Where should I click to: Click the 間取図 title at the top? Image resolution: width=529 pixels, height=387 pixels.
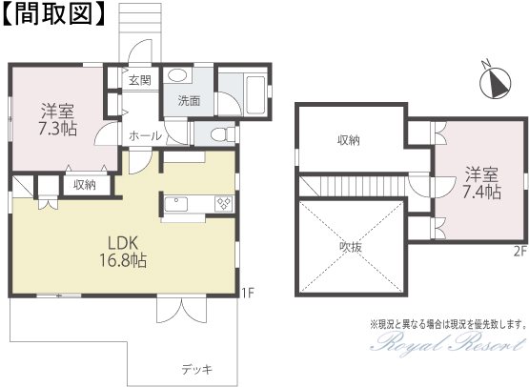pyautogui.click(x=54, y=14)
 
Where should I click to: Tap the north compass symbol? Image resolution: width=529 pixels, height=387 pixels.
pyautogui.click(x=496, y=83)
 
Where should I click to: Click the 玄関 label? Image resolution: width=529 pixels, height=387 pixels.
pyautogui.click(x=140, y=80)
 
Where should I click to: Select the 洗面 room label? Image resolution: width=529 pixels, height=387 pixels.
pyautogui.click(x=190, y=100)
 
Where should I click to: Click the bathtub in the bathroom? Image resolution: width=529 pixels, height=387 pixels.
pyautogui.click(x=255, y=94)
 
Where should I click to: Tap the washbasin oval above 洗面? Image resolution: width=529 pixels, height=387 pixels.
pyautogui.click(x=177, y=75)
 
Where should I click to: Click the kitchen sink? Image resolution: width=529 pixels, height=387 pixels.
pyautogui.click(x=176, y=204)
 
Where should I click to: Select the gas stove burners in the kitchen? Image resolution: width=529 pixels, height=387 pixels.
pyautogui.click(x=224, y=204)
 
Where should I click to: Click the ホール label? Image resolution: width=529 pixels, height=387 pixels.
pyautogui.click(x=145, y=136)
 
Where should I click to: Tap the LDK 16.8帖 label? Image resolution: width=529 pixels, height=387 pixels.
pyautogui.click(x=123, y=252)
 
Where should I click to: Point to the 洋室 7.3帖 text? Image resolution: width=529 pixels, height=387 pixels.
pyautogui.click(x=57, y=119)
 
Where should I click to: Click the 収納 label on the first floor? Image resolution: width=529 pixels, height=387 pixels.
pyautogui.click(x=85, y=185)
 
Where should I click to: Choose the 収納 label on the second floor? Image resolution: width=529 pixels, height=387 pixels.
pyautogui.click(x=349, y=140)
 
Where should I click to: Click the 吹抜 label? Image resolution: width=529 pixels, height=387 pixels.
pyautogui.click(x=351, y=247)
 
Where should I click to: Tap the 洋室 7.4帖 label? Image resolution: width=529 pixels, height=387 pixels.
pyautogui.click(x=481, y=183)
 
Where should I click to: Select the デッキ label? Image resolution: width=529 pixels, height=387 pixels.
pyautogui.click(x=197, y=370)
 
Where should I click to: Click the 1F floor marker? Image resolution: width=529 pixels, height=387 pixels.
pyautogui.click(x=247, y=293)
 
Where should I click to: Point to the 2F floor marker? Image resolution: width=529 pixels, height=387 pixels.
pyautogui.click(x=519, y=252)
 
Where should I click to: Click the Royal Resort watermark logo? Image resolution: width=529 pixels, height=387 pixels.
pyautogui.click(x=447, y=342)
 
